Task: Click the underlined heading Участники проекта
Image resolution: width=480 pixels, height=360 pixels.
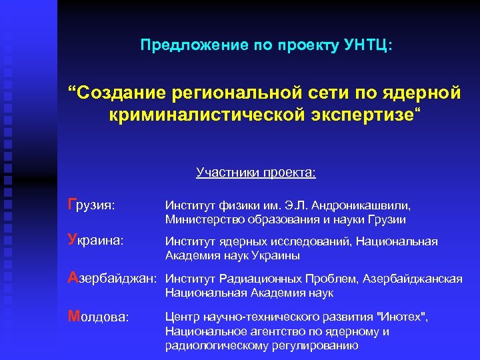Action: click(x=256, y=173)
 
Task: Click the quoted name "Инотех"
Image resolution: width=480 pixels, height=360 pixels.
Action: click(x=400, y=317)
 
